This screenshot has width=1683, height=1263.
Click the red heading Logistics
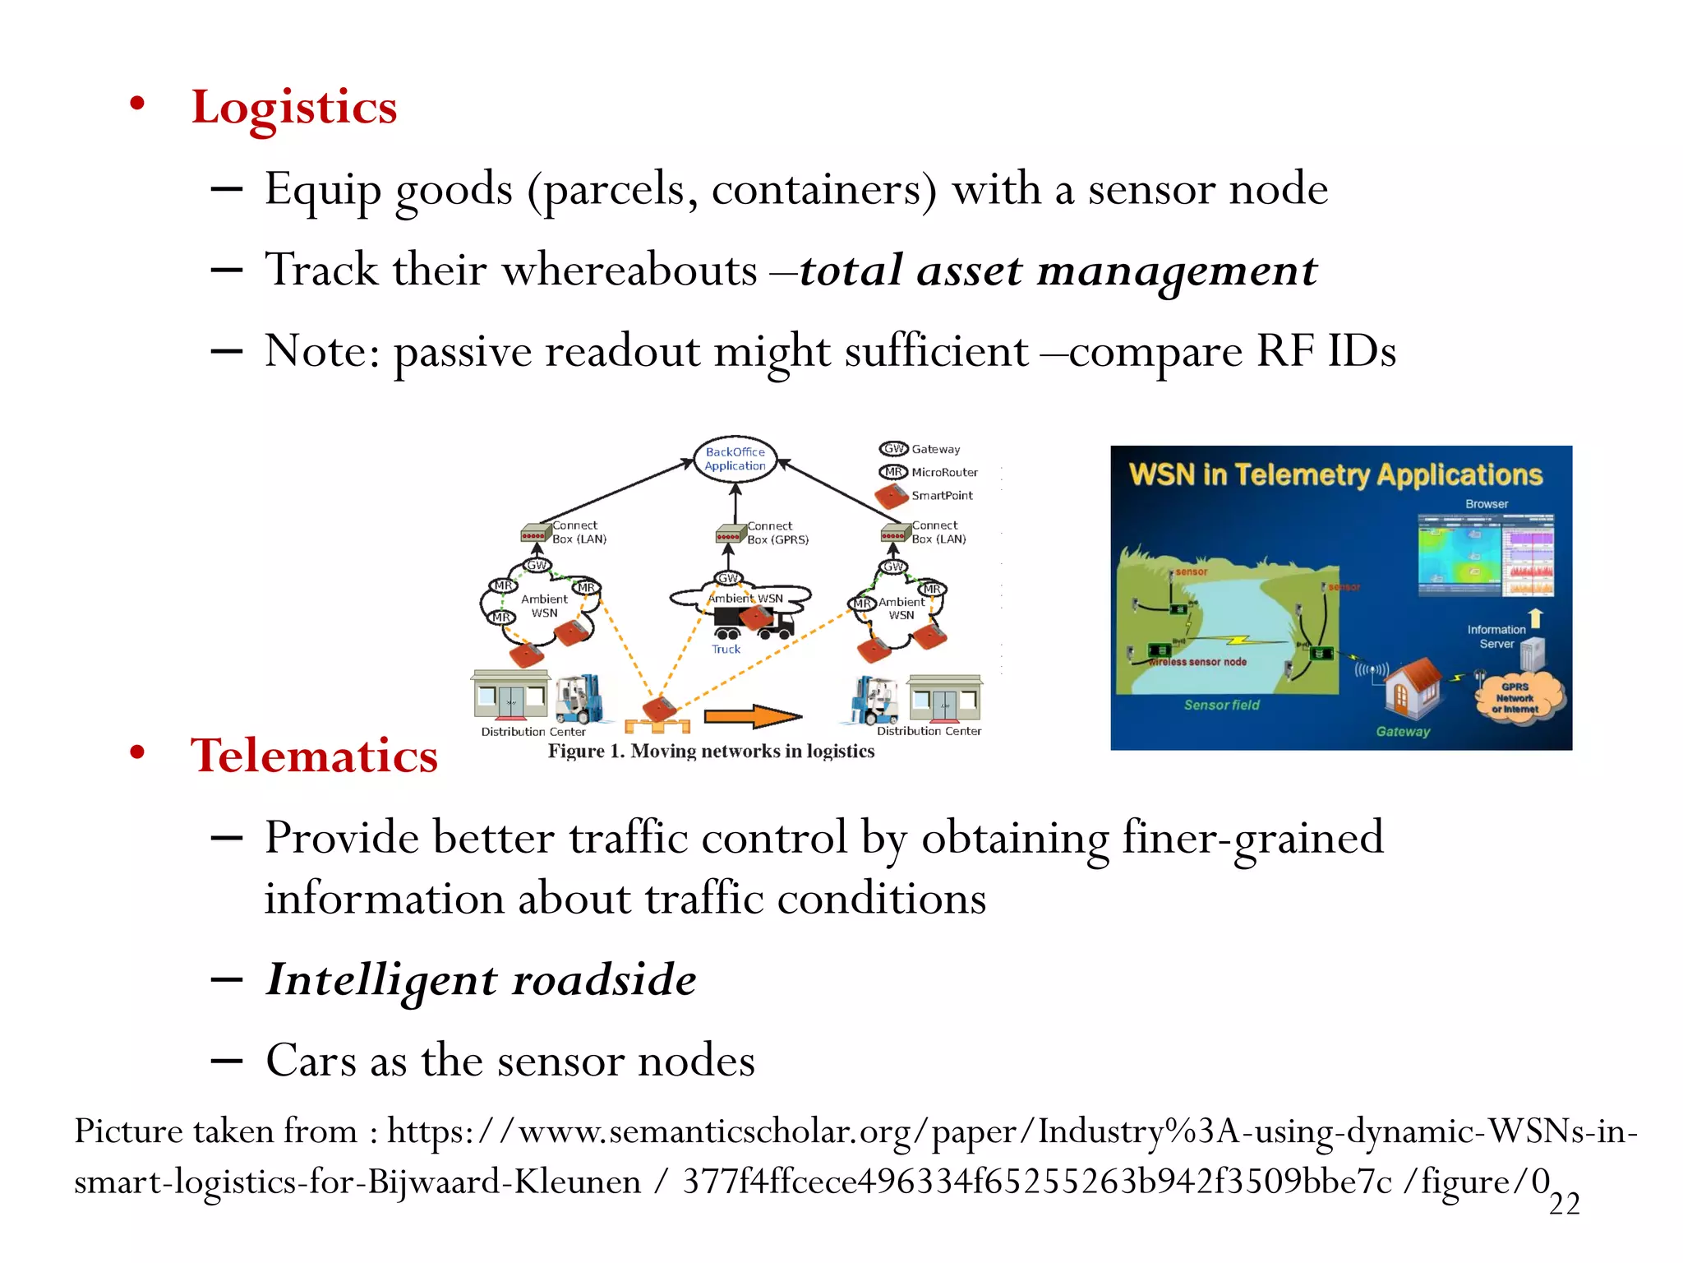click(x=293, y=107)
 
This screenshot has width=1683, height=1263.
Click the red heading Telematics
click(x=314, y=755)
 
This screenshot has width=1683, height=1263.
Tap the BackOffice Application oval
click(x=735, y=459)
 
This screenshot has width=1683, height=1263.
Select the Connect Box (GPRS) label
click(x=777, y=533)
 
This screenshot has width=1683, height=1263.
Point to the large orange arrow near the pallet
click(x=751, y=716)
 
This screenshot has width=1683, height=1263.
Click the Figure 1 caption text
click(x=711, y=751)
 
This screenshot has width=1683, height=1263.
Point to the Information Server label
click(x=1496, y=636)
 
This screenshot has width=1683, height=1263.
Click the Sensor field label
click(x=1221, y=705)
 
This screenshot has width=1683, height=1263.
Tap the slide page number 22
click(x=1564, y=1204)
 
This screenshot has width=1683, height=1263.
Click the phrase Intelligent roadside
click(x=482, y=979)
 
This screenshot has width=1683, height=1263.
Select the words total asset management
click(x=1058, y=271)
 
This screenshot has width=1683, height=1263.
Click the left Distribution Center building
click(x=511, y=695)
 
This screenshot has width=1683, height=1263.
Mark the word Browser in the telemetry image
click(x=1487, y=504)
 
